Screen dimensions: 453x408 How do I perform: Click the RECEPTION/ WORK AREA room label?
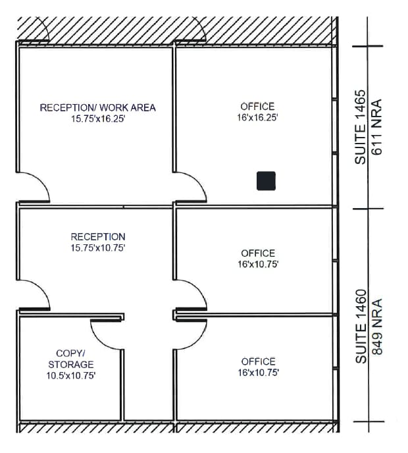click(97, 107)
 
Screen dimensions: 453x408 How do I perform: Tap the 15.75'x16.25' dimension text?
click(97, 119)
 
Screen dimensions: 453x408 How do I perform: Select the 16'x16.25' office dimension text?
click(257, 118)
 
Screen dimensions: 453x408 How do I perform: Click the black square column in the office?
click(266, 180)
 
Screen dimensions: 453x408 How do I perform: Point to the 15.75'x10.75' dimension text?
click(97, 248)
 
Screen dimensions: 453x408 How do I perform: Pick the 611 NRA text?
click(378, 128)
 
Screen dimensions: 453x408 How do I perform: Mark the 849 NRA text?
click(378, 327)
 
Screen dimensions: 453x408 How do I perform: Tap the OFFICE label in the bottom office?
click(258, 361)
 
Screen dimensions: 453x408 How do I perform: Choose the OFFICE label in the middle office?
click(258, 253)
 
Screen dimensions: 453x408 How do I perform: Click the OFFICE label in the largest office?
click(257, 106)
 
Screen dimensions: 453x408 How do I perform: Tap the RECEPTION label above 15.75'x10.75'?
click(97, 236)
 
